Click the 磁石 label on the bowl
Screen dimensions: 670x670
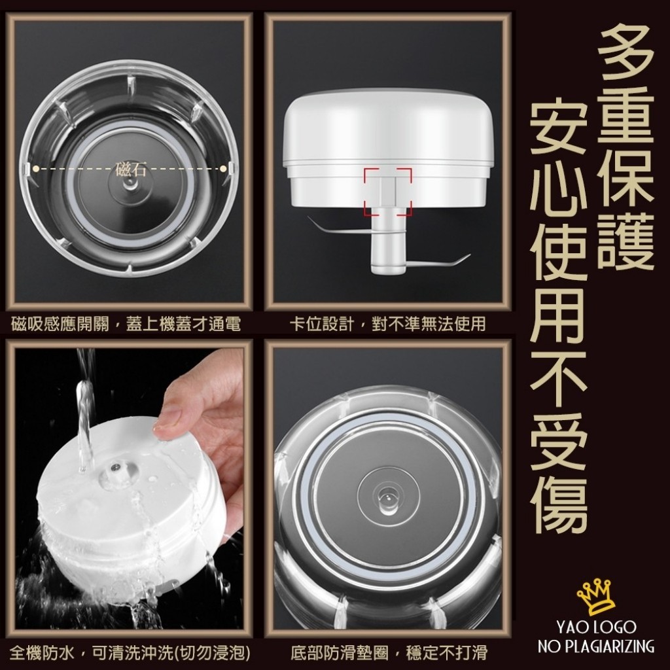pyautogui.click(x=131, y=169)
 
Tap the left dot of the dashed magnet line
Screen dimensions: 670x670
pyautogui.click(x=36, y=169)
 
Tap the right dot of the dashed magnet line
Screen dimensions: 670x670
pyautogui.click(x=223, y=169)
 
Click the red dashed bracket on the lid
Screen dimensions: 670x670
pyautogui.click(x=388, y=192)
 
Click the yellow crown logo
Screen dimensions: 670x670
pyautogui.click(x=597, y=597)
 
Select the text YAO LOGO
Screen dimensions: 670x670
pyautogui.click(x=596, y=627)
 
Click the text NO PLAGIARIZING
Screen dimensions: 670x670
pyautogui.click(x=596, y=646)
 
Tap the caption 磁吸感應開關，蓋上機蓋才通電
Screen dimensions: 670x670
pyautogui.click(x=126, y=325)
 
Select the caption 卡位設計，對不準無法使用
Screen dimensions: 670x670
pyautogui.click(x=388, y=325)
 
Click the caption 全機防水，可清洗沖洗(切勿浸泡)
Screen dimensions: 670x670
pyautogui.click(x=130, y=652)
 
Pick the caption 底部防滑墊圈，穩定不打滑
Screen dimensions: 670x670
pyautogui.click(x=389, y=652)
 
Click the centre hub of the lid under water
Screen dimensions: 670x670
pyautogui.click(x=115, y=470)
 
